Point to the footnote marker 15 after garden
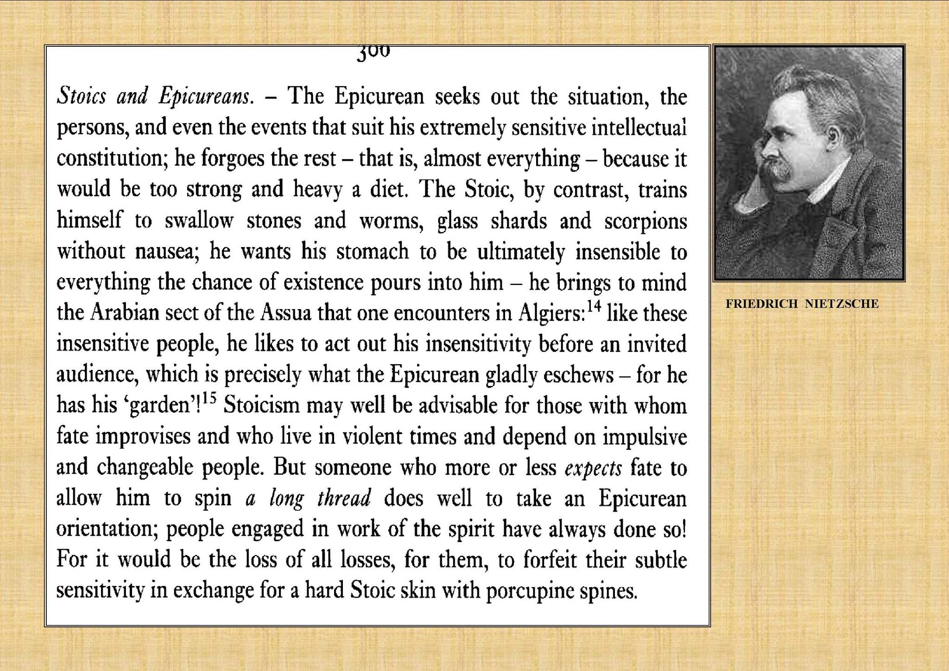(209, 399)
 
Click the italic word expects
(593, 468)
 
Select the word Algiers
(551, 314)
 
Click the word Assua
(285, 313)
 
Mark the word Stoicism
(262, 406)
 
